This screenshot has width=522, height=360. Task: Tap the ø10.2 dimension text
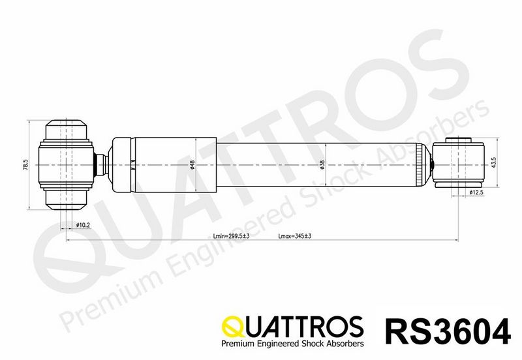point(83,225)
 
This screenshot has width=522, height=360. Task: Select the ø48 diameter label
point(192,165)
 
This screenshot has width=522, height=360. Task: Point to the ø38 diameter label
point(322,165)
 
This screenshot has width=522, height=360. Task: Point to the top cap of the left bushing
point(66,128)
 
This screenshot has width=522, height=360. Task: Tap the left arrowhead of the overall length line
point(68,241)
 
